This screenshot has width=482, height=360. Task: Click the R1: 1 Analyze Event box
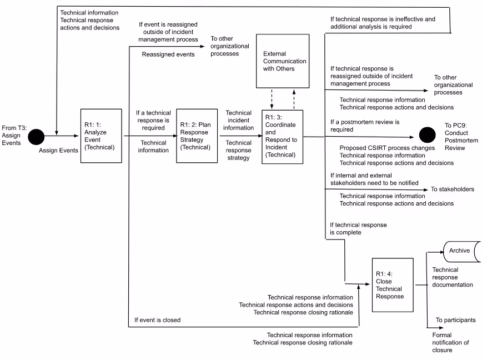pos(101,136)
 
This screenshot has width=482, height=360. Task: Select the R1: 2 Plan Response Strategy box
pos(197,136)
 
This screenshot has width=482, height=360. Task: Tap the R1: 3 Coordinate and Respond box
pos(282,136)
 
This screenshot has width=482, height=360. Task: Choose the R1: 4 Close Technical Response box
pos(392,285)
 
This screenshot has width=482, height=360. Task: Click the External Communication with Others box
pos(282,61)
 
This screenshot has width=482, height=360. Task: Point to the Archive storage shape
pos(460,251)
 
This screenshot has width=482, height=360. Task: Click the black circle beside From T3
pos(37,136)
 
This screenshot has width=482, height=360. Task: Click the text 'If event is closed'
pos(157,320)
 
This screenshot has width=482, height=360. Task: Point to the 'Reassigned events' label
pos(168,54)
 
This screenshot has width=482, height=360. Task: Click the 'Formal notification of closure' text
pos(450,342)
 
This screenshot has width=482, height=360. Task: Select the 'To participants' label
pos(455,321)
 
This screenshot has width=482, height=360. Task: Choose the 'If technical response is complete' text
pos(358,229)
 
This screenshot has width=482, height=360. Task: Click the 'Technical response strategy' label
pos(239,151)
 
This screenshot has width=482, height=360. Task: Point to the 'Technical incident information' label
pos(239,121)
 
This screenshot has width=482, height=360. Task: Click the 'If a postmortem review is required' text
pos(365,126)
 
